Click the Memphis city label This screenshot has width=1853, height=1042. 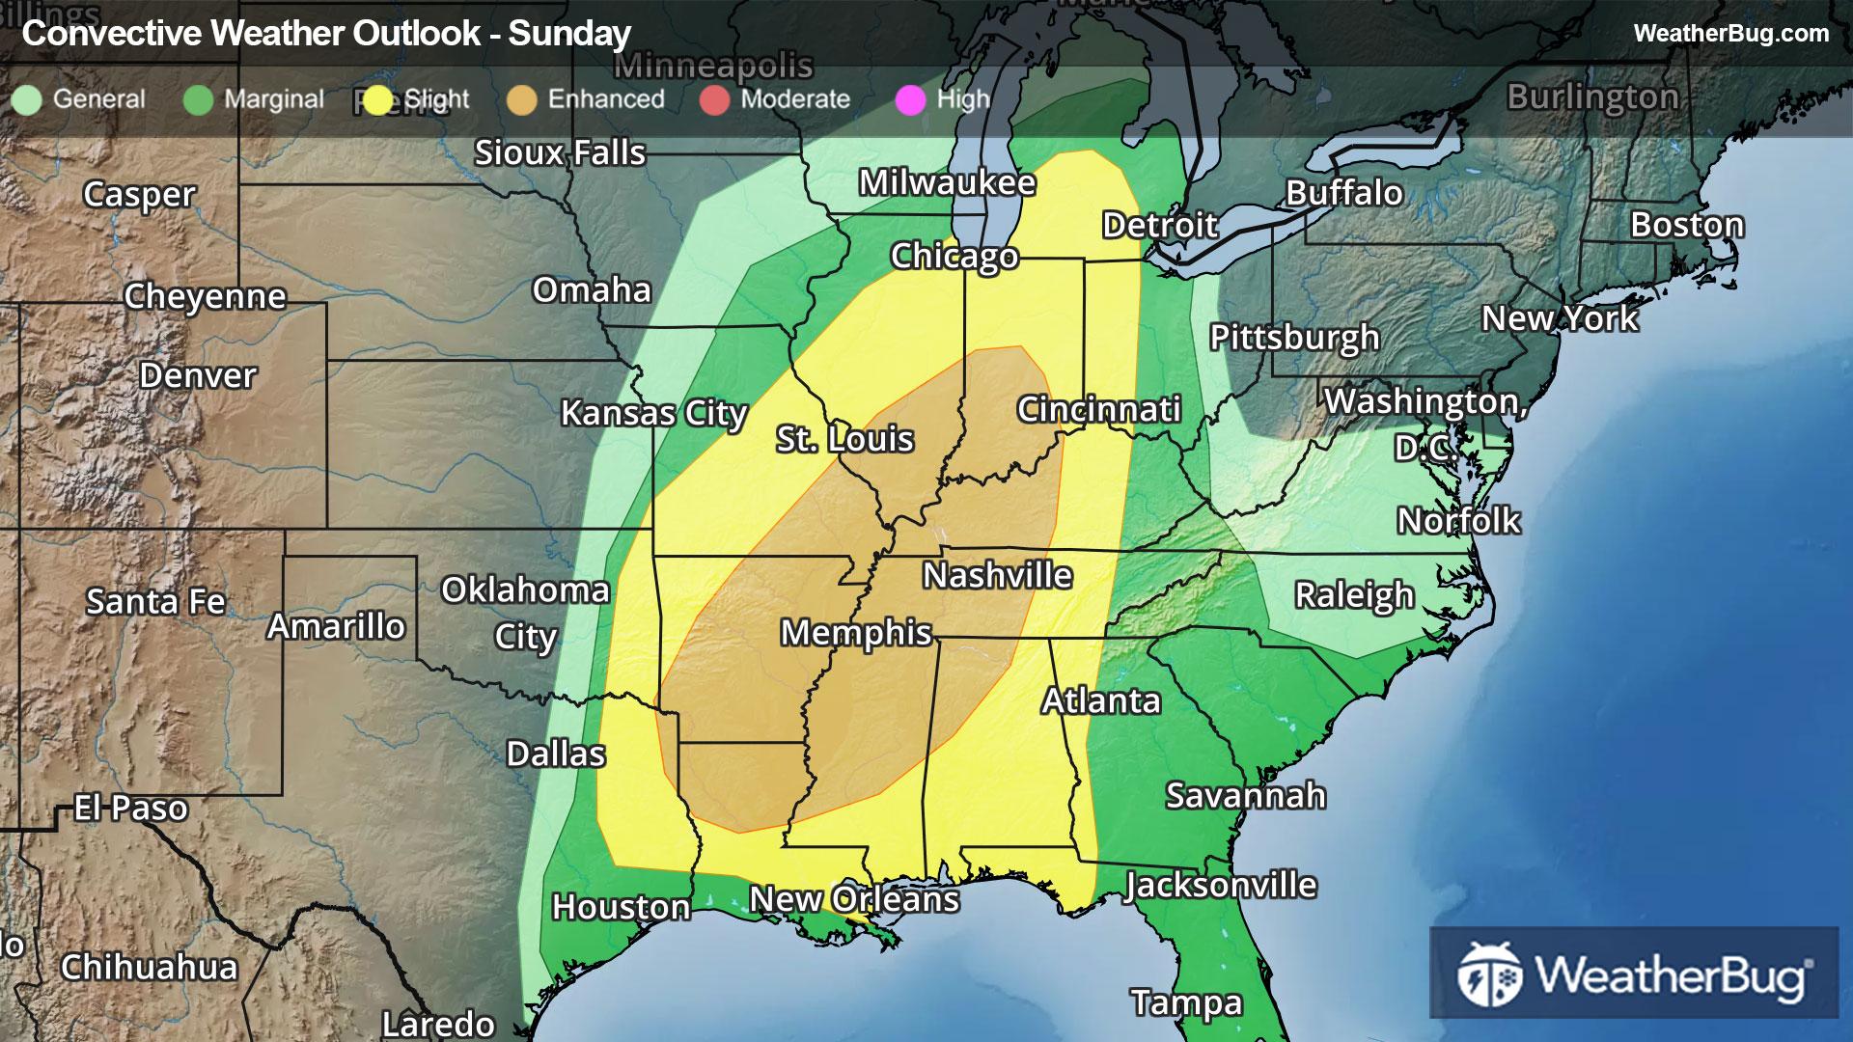tap(856, 633)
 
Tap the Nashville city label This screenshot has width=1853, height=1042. tap(997, 576)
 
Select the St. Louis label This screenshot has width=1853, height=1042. tap(844, 439)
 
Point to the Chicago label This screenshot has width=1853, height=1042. tap(954, 256)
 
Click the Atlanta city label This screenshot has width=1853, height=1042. tap(1100, 700)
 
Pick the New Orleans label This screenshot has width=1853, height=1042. tap(854, 899)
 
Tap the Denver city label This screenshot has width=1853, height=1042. tap(198, 375)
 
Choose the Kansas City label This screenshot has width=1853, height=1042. tap(653, 413)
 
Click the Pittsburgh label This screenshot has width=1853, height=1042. tap(1294, 338)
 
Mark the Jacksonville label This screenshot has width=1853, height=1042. tap(1220, 885)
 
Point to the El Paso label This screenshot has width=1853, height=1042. tap(131, 808)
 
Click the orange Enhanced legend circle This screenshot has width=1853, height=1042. tap(522, 100)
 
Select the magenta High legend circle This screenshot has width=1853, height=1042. tap(910, 100)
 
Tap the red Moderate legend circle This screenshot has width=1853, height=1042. tap(714, 100)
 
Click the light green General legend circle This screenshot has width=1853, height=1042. tap(27, 100)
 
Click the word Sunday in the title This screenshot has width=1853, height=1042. tap(569, 34)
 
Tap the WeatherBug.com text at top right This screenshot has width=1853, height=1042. tap(1730, 34)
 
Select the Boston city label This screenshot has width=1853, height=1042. tap(1687, 225)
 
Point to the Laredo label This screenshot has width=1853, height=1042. tap(438, 1023)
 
